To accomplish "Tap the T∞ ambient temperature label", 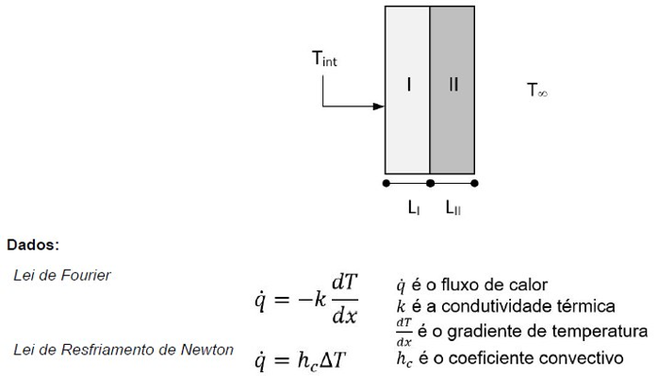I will pyautogui.click(x=537, y=91).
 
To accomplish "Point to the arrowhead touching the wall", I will pyautogui.click(x=380, y=106).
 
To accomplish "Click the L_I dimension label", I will pyautogui.click(x=414, y=208).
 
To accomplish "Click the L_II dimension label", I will pyautogui.click(x=453, y=208).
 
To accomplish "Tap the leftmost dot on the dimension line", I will pyautogui.click(x=386, y=183).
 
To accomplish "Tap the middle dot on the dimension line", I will pyautogui.click(x=430, y=183).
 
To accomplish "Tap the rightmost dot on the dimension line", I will pyautogui.click(x=474, y=183).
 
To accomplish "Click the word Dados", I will pyautogui.click(x=33, y=244).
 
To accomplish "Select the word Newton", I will pyautogui.click(x=209, y=351).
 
